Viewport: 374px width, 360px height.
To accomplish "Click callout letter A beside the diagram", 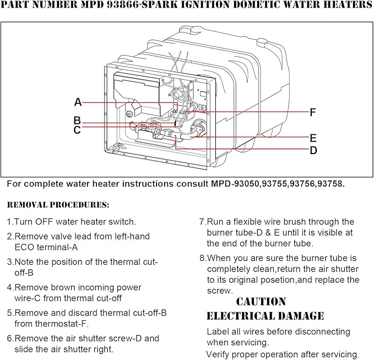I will coord(78,102).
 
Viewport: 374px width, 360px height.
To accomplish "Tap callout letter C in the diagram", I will coord(77,130).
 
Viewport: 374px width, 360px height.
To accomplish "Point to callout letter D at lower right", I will coord(313,150).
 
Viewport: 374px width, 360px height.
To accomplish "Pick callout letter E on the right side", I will coord(313,138).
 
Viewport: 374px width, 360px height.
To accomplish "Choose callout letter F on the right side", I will coord(312,112).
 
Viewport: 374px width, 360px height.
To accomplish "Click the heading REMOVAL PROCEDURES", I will coord(58,205).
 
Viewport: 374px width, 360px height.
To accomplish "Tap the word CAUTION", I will coord(261,302).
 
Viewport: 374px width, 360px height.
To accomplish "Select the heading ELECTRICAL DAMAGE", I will coord(265,316).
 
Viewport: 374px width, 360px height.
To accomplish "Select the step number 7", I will coord(202,222).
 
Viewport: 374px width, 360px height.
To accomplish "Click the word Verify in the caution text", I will coord(220,354).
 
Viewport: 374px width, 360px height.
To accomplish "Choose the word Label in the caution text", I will coord(219,331).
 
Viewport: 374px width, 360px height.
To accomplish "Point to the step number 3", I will coord(9,262).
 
